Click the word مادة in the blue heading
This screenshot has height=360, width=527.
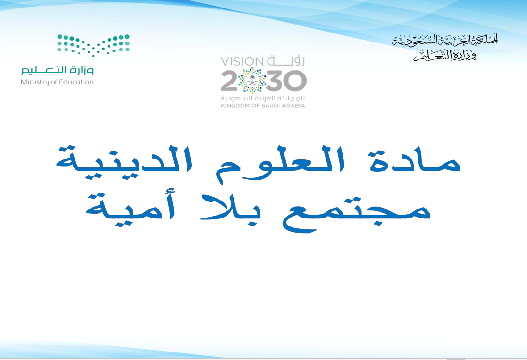click(x=415, y=161)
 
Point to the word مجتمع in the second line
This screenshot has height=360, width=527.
click(x=356, y=212)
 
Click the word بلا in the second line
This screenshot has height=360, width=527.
click(x=231, y=207)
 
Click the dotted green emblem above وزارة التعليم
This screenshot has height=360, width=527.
click(x=93, y=45)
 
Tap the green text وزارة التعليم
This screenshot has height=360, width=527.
click(x=58, y=70)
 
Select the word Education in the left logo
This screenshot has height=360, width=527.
click(x=77, y=82)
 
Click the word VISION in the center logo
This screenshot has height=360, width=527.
click(x=242, y=61)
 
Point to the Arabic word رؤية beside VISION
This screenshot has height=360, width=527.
click(x=286, y=61)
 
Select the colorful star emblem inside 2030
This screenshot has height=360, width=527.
click(x=252, y=81)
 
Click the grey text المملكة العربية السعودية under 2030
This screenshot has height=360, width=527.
click(x=262, y=98)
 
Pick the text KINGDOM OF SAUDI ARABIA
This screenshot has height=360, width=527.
click(x=263, y=106)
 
